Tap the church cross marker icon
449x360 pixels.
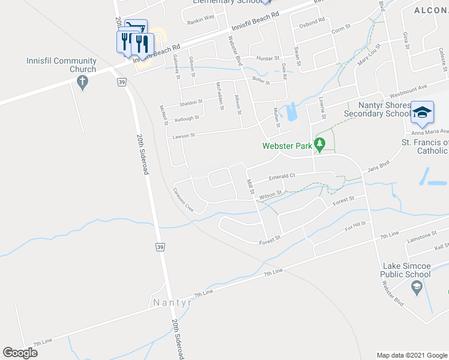click(83, 80)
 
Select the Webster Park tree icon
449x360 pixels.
click(320, 145)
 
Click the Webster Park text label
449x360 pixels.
click(288, 145)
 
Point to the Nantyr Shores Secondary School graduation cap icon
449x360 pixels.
click(422, 112)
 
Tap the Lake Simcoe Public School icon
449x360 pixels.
click(415, 289)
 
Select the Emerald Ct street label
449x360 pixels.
click(282, 177)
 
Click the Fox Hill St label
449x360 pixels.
click(355, 227)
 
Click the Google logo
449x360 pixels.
click(20, 353)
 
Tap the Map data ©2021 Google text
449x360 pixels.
click(411, 355)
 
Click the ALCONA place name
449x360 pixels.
click(431, 10)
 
